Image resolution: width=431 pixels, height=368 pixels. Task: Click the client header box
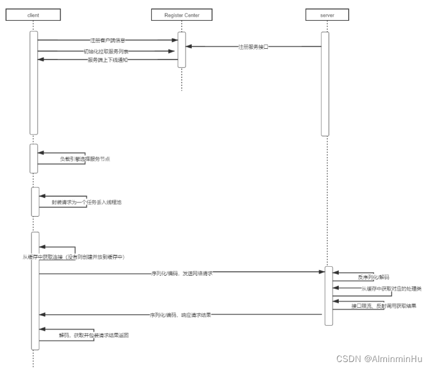tap(33, 14)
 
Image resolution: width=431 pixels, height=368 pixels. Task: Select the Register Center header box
tap(182, 14)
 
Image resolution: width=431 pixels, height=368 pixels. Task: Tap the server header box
tap(325, 14)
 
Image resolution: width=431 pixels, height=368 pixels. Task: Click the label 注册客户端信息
tap(108, 40)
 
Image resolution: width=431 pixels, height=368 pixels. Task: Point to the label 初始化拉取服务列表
tap(107, 51)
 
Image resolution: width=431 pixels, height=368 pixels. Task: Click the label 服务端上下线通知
tap(107, 60)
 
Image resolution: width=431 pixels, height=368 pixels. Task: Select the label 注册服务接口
tap(253, 46)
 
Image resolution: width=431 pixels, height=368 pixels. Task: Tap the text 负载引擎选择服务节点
tap(85, 159)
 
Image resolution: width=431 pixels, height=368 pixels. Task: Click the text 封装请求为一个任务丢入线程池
tap(87, 202)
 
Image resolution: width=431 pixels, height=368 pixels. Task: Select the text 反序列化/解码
tap(373, 277)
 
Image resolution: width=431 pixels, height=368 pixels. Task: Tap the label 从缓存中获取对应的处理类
tap(391, 289)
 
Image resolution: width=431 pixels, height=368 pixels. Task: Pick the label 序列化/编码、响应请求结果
tap(181, 314)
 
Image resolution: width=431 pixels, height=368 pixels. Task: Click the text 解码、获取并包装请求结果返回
tap(93, 335)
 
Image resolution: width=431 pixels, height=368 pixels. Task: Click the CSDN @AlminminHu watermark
tap(379, 358)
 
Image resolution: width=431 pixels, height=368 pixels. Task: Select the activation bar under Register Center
tap(182, 49)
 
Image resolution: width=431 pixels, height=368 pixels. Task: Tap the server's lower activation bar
tap(328, 296)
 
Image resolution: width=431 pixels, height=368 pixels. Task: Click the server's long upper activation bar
tap(325, 83)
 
